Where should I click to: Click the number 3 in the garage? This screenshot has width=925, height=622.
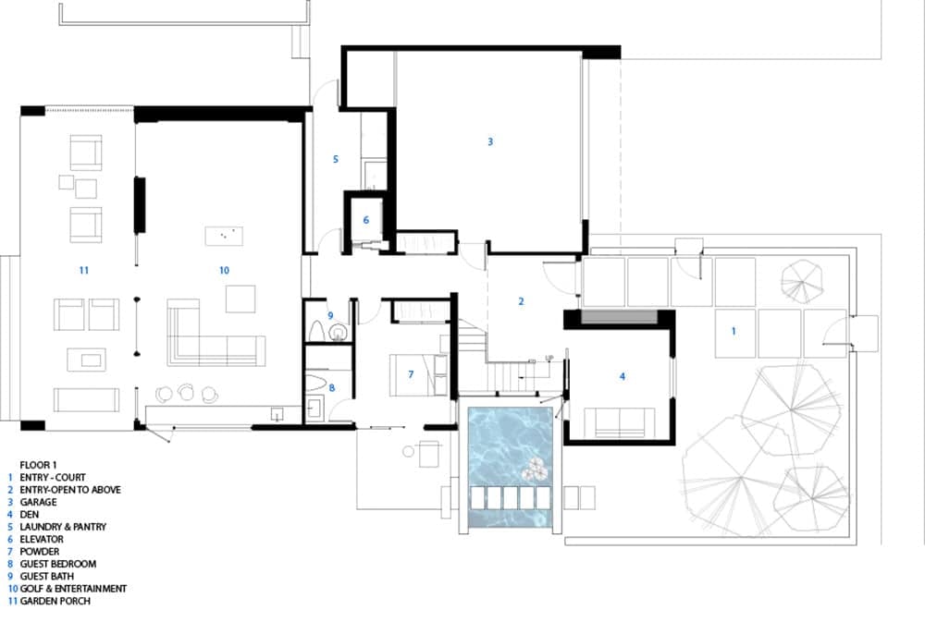490,141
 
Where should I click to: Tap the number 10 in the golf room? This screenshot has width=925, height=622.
224,270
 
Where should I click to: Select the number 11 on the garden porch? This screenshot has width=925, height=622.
83,270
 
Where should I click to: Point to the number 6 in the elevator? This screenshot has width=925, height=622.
366,220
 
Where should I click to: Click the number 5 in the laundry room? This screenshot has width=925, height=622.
336,159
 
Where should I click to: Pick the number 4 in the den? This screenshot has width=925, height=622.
623,376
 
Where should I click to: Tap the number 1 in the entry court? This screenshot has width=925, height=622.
734,330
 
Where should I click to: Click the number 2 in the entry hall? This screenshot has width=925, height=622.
522,301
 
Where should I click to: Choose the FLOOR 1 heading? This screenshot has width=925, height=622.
38,465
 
